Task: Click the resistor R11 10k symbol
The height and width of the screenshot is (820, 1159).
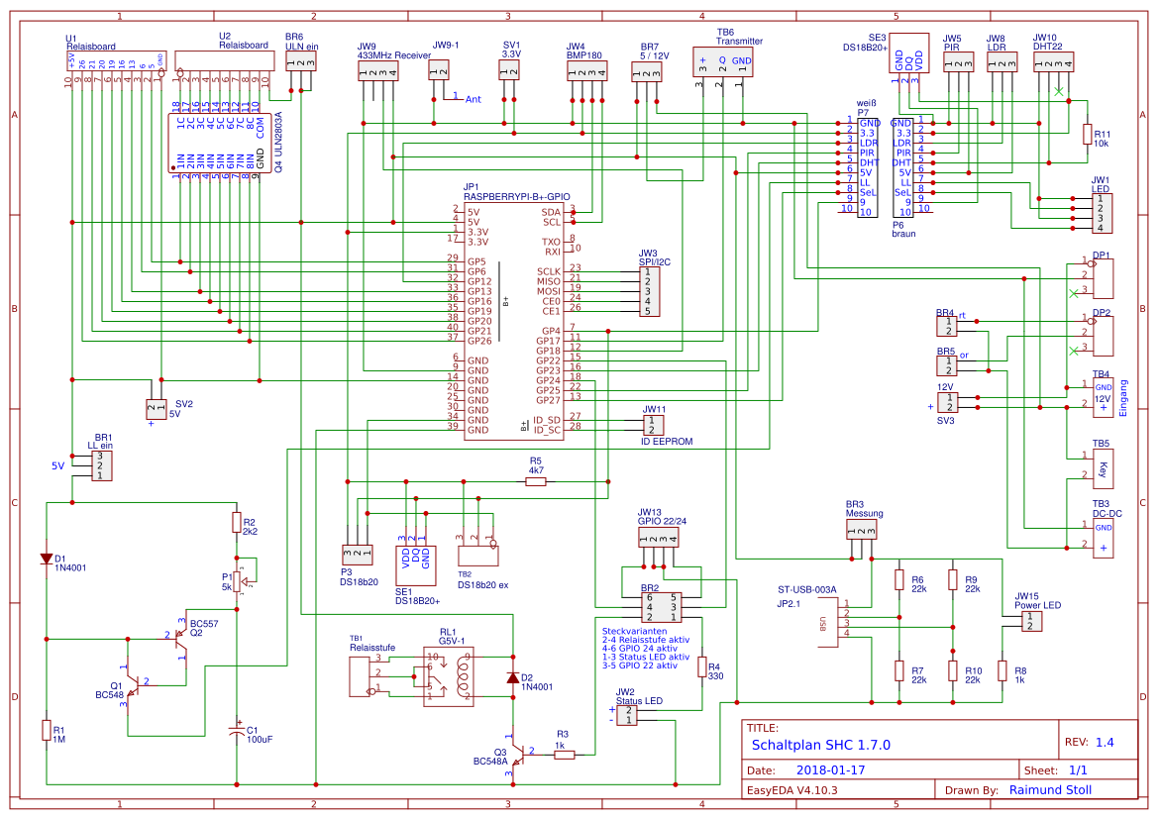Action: coord(1088,134)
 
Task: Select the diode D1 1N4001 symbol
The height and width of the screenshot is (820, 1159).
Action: coord(46,559)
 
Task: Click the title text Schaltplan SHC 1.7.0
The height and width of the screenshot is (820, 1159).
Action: coord(820,745)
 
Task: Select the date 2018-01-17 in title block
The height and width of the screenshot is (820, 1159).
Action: coord(831,769)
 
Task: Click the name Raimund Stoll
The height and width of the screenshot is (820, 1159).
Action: coord(1050,789)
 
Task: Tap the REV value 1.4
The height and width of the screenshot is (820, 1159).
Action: coord(1105,742)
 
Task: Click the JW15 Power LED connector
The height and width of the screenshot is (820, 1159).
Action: coord(1031,621)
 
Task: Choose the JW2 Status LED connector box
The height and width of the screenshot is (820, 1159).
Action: coord(626,715)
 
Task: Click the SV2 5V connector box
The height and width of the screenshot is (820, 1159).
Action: coord(157,408)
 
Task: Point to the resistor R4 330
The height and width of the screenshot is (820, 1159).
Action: coord(701,666)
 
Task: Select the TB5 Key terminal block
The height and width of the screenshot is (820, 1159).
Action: coord(1103,470)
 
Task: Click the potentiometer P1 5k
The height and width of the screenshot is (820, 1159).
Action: coord(237,579)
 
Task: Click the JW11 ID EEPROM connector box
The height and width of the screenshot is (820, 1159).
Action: coord(652,425)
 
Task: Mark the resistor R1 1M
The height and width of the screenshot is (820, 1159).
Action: coord(46,730)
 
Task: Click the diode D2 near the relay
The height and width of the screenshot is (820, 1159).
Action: coord(512,678)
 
